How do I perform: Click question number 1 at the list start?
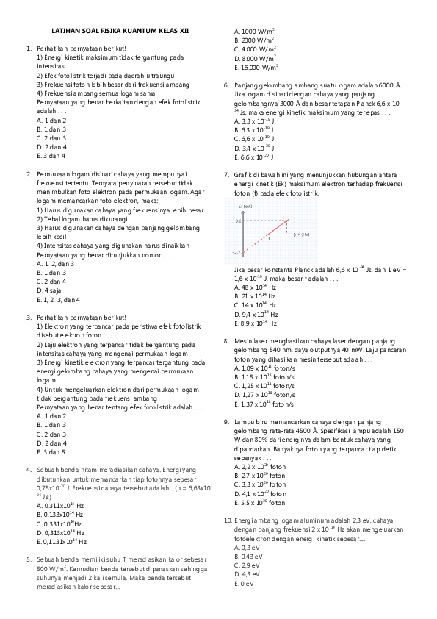pos(27,49)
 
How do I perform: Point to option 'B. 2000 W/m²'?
pos(254,40)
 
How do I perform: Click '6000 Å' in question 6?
pos(390,86)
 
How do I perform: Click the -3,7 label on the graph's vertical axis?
pos(236,252)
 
